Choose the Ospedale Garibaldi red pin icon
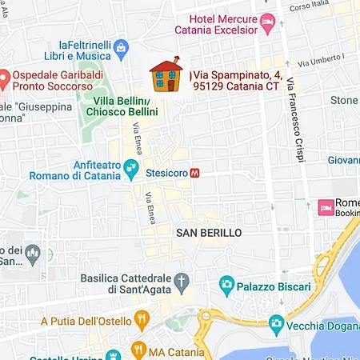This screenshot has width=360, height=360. coord(4,79)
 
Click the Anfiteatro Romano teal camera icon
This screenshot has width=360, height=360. coord(135,170)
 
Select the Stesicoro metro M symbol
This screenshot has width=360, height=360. coord(195,171)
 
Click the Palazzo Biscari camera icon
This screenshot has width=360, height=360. coord(227,284)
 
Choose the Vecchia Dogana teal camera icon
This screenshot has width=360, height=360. coord(277,324)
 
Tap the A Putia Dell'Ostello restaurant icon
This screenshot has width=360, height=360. coord(142,321)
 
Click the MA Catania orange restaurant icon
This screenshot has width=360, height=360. coord(138,350)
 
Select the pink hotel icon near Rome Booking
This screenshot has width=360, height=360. coord(326,208)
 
